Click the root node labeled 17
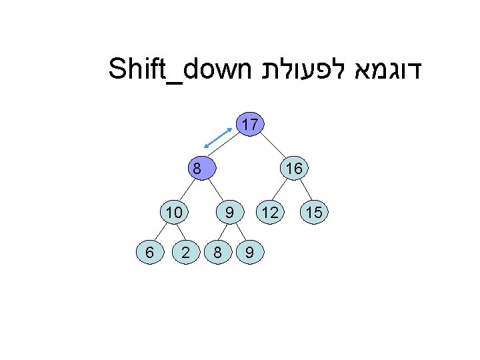coord(251,125)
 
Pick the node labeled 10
coord(174,213)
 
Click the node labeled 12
coord(270,213)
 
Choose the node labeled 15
coord(314,213)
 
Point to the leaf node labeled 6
coord(150,252)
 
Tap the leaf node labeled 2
coord(188,252)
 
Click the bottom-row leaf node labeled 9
coord(248,252)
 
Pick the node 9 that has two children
coord(229,213)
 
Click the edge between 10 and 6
coord(162,233)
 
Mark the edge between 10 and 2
coord(181,233)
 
